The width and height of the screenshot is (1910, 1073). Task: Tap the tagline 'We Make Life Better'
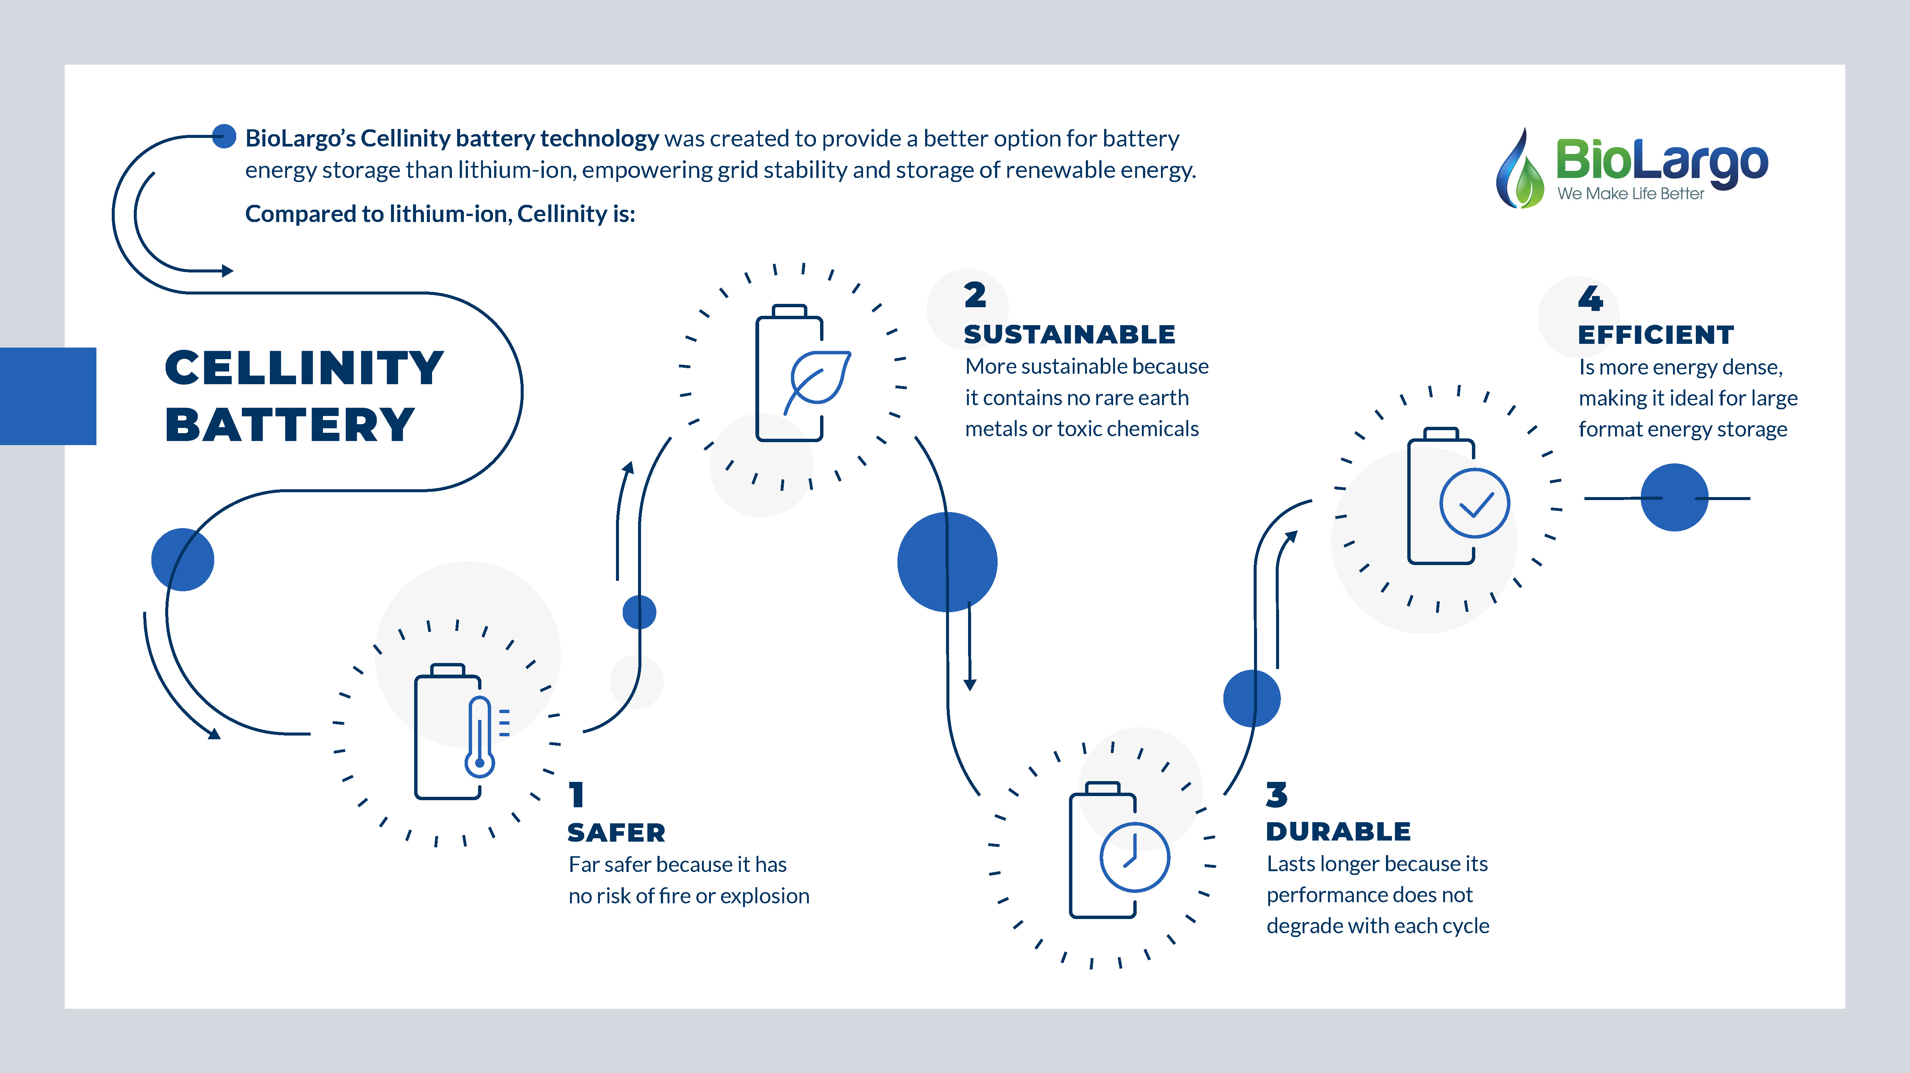1630,194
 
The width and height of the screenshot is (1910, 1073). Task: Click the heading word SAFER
616,833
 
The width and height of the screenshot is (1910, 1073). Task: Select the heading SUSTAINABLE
1069,334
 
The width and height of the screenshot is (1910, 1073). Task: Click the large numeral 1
577,795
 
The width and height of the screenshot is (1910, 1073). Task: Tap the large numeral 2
975,295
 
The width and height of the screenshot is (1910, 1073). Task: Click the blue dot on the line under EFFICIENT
1674,497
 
